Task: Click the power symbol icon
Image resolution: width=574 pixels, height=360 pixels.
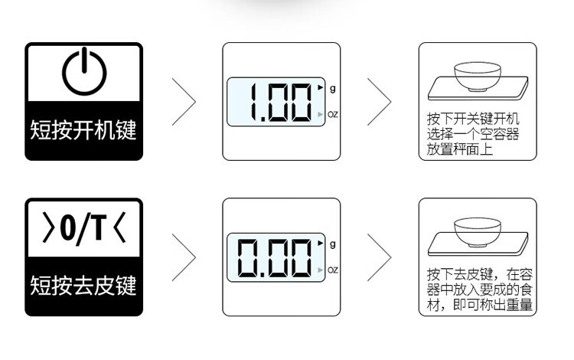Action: point(83,74)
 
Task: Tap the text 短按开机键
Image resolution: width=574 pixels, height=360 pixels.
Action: point(83,129)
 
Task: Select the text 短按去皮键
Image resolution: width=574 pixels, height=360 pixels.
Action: point(83,286)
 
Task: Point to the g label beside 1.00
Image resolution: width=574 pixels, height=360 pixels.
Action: point(332,88)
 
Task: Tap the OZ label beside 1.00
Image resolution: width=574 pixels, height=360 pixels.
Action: point(333,115)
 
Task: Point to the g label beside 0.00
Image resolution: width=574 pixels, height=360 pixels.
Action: point(332,244)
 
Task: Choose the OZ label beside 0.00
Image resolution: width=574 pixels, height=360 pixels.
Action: point(333,270)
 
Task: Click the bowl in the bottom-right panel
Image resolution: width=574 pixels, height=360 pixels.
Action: point(471,231)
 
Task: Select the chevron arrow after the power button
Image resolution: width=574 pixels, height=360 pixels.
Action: point(184,101)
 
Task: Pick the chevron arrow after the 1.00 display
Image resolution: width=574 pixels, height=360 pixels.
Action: point(379,101)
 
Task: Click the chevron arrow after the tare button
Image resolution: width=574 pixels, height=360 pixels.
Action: point(184,257)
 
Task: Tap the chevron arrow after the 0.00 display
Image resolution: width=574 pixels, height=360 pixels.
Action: point(379,257)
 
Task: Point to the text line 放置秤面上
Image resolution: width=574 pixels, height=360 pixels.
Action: point(460,149)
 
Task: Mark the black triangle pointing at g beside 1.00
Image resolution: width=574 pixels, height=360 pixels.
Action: point(321,88)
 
